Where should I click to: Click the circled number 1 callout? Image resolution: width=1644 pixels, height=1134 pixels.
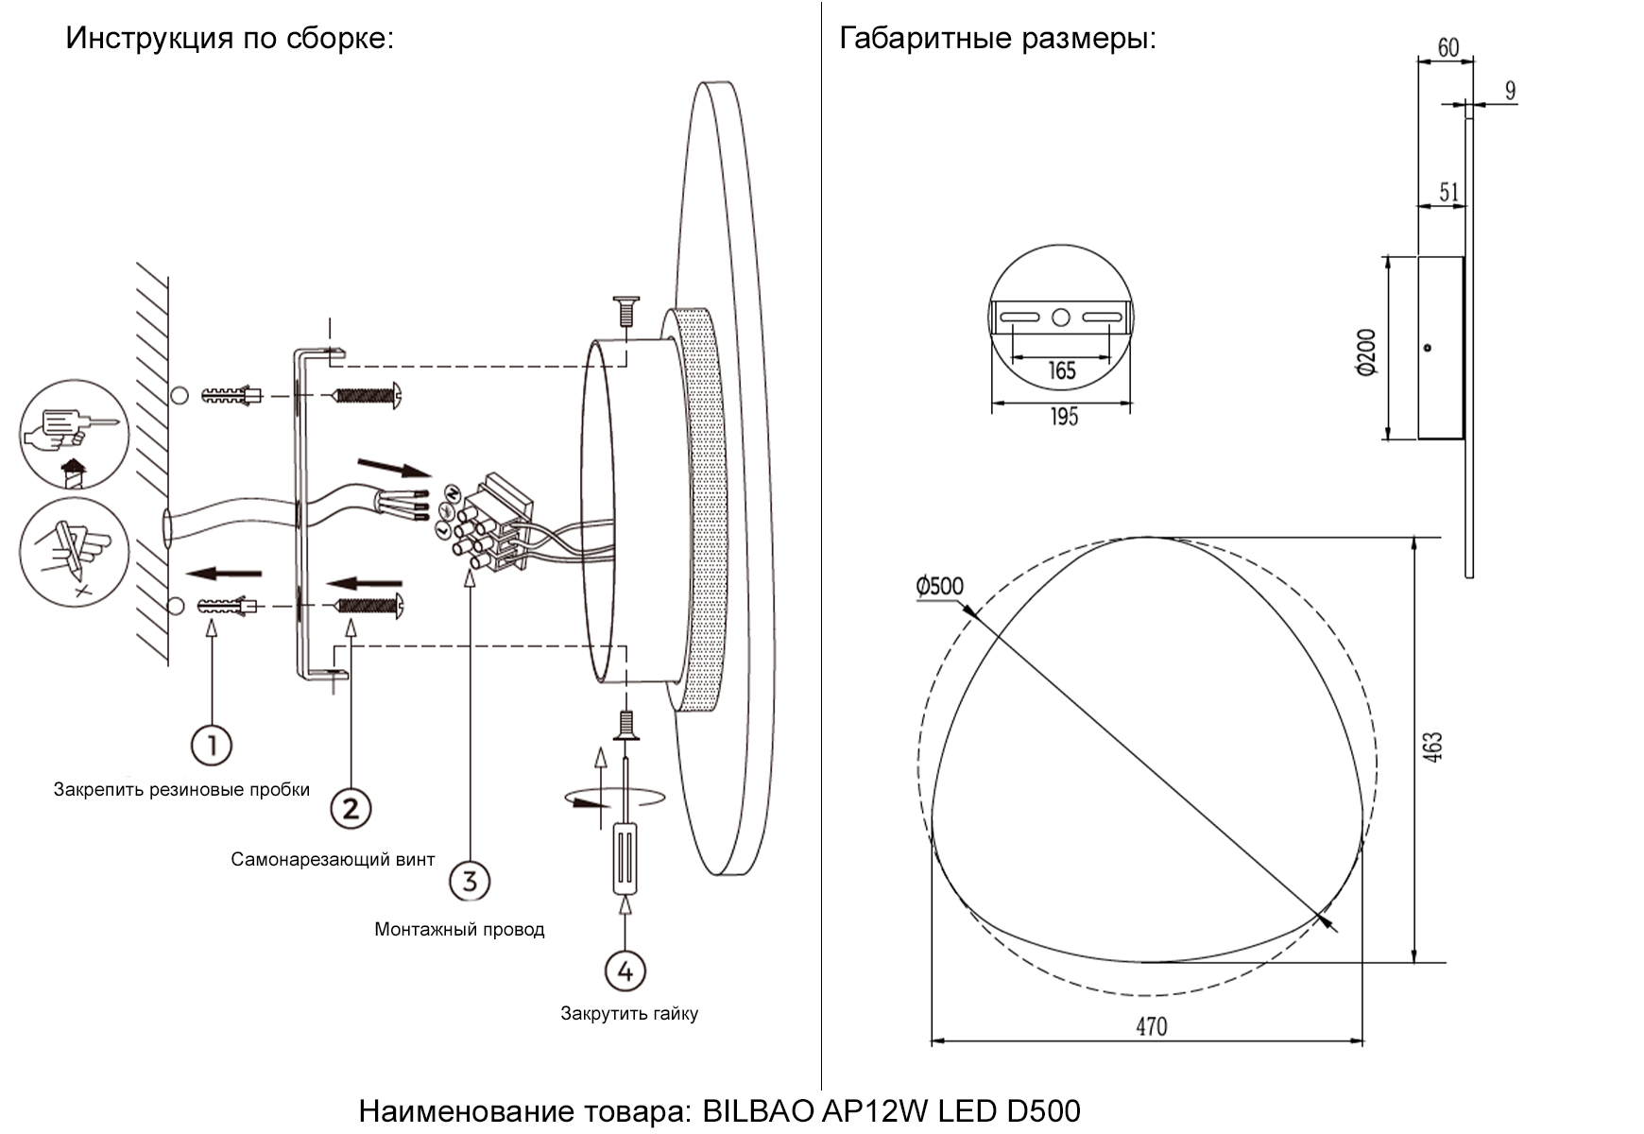point(212,746)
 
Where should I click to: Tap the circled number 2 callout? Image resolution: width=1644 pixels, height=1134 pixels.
point(351,809)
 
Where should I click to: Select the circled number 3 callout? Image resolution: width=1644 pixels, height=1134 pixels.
point(470,881)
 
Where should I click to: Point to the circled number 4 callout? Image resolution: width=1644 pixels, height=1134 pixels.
point(625,971)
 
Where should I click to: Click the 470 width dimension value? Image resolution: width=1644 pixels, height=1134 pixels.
point(1151,1026)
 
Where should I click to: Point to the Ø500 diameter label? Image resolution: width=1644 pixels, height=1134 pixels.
point(939,586)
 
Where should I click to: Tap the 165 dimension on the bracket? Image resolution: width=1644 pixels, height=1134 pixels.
point(1062,370)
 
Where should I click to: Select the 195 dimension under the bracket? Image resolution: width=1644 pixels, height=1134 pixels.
point(1064,416)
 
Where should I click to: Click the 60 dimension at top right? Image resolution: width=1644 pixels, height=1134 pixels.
point(1447,46)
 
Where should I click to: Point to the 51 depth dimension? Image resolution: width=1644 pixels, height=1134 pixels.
point(1448,192)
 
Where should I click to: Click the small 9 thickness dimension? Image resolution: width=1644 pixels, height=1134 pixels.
point(1510,91)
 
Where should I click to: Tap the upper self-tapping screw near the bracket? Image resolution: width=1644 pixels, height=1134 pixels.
point(369,395)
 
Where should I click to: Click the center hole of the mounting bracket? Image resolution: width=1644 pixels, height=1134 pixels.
point(1060,318)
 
